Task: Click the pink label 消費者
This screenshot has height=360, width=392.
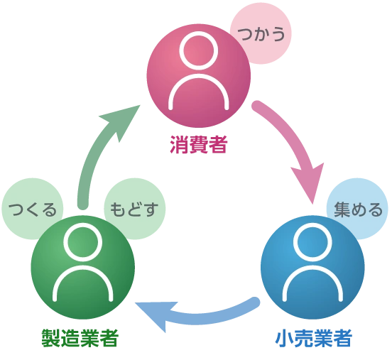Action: pyautogui.click(x=199, y=144)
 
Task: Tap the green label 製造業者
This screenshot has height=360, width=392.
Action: pyautogui.click(x=80, y=338)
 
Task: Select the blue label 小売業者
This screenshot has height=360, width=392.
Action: pyautogui.click(x=314, y=338)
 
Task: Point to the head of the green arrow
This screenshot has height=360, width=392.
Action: pyautogui.click(x=122, y=119)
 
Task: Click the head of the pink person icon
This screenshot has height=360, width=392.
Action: pyautogui.click(x=199, y=50)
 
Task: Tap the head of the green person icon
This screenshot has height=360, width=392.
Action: pyautogui.click(x=83, y=243)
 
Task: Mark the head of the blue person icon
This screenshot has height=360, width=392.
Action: pyautogui.click(x=312, y=243)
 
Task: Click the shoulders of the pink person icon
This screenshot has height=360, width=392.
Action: pyautogui.click(x=199, y=76)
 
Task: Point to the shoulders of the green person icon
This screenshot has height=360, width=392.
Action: pyautogui.click(x=83, y=268)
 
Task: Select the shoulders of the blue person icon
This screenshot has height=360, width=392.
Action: pyautogui.click(x=312, y=268)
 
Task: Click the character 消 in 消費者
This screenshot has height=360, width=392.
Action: pyautogui.click(x=179, y=144)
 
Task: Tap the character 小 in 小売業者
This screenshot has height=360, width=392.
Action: pyautogui.click(x=285, y=338)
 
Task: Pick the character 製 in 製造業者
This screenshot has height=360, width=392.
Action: pyautogui.click(x=50, y=338)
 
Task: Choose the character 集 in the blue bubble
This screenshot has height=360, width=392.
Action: pyautogui.click(x=342, y=209)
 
